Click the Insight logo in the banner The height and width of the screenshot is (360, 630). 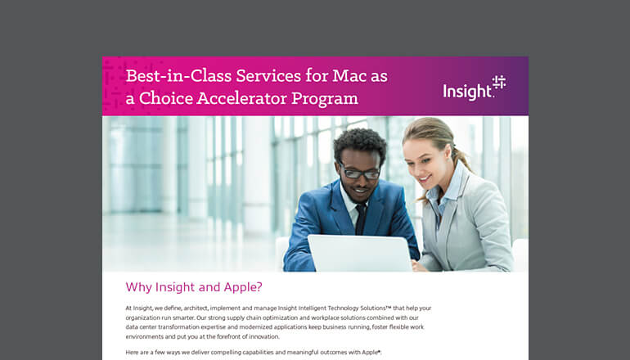pyautogui.click(x=474, y=87)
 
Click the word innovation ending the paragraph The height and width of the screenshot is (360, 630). pyautogui.click(x=258, y=336)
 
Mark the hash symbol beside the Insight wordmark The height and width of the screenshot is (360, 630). pyautogui.click(x=498, y=82)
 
